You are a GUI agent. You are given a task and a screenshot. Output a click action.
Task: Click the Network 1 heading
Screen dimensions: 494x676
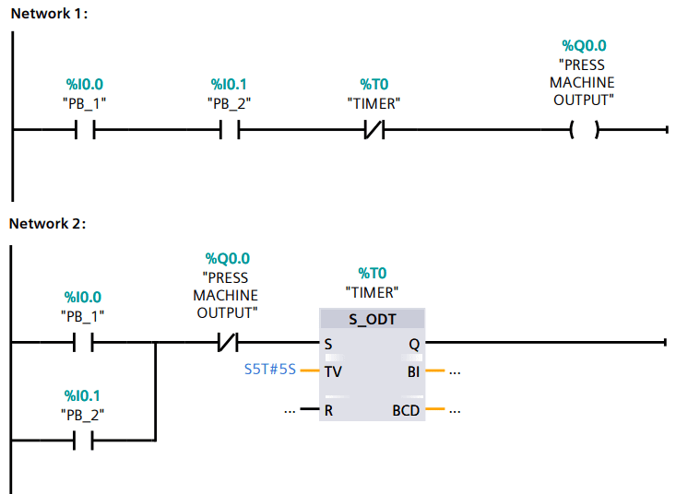48,14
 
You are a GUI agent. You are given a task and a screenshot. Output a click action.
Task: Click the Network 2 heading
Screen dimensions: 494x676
48,223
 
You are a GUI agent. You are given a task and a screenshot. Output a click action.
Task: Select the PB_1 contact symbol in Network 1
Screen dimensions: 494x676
84,131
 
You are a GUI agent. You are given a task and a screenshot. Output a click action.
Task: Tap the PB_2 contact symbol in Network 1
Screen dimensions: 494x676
231,131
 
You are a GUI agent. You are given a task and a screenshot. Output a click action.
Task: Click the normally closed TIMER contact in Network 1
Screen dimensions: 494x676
374,131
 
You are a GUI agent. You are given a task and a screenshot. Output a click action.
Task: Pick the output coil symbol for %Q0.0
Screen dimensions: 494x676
583,131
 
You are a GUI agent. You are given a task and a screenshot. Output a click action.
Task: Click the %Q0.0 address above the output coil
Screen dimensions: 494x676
584,46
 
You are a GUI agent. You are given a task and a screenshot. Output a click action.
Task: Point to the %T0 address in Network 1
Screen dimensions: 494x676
374,84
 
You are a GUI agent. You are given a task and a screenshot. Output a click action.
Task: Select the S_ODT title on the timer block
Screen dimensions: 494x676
372,319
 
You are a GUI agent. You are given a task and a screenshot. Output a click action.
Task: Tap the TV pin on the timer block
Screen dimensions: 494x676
333,373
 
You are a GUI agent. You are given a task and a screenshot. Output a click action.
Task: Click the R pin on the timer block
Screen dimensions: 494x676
328,410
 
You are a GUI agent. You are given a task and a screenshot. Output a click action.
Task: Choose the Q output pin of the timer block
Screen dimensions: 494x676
414,344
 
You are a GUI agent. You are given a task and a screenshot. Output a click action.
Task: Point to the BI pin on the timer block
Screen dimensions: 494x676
412,373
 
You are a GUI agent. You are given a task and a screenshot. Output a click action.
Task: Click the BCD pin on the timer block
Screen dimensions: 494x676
406,410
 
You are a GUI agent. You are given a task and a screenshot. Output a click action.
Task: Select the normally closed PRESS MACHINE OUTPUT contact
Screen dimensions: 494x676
226,343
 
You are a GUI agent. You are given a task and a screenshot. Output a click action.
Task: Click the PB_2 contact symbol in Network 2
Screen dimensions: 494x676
84,441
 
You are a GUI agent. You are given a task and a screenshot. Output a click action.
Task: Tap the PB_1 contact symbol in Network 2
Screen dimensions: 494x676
84,343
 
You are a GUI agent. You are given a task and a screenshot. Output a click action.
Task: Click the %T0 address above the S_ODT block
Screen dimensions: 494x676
372,273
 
